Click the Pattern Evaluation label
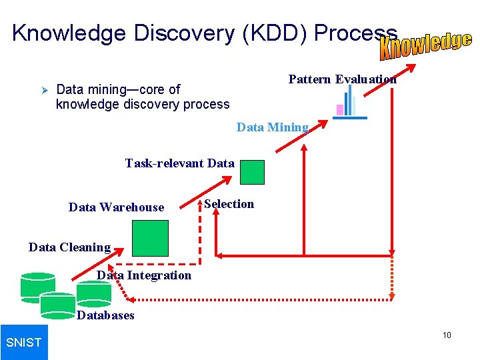pyautogui.click(x=342, y=79)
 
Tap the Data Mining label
pyautogui.click(x=272, y=127)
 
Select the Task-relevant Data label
pyautogui.click(x=179, y=163)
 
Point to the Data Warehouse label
pyautogui.click(x=116, y=207)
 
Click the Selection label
pyautogui.click(x=229, y=204)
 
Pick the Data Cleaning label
pyautogui.click(x=69, y=247)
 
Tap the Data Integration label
pyautogui.click(x=144, y=275)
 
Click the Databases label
pyautogui.click(x=105, y=315)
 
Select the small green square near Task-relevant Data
pyautogui.click(x=252, y=172)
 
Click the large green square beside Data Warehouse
pyautogui.click(x=150, y=238)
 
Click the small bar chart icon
pyautogui.click(x=349, y=104)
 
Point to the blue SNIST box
pyautogui.click(x=24, y=342)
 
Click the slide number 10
pyautogui.click(x=447, y=335)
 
